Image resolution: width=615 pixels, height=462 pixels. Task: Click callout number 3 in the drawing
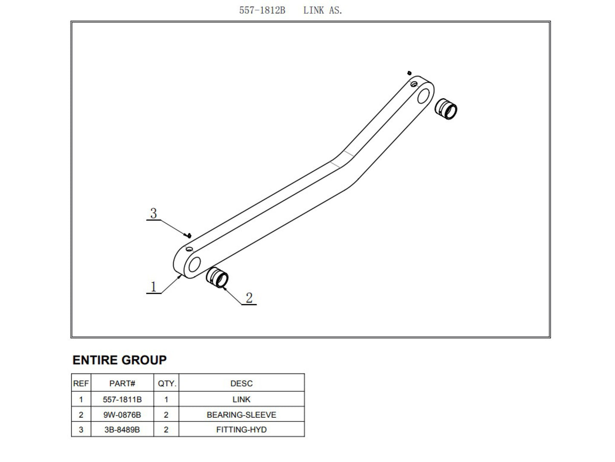(154, 213)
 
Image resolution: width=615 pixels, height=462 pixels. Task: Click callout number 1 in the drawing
(154, 286)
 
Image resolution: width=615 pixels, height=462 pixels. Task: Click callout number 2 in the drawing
(249, 297)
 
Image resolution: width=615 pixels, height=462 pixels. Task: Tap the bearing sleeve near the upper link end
(446, 109)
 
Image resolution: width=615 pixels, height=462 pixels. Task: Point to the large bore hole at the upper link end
(423, 95)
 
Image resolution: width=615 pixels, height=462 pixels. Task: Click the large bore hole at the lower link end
(195, 264)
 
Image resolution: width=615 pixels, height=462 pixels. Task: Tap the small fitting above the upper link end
(409, 73)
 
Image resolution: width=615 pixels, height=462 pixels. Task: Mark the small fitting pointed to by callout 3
(189, 235)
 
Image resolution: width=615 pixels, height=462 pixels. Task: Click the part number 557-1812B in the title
(262, 10)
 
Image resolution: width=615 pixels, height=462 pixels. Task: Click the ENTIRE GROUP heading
(120, 360)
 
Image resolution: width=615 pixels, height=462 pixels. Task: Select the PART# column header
(122, 383)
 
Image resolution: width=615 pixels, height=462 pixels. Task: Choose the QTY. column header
(166, 383)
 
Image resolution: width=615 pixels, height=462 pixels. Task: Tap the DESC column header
(241, 383)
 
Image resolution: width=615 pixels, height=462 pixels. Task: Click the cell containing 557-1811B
(122, 399)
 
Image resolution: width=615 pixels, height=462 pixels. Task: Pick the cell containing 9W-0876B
(122, 415)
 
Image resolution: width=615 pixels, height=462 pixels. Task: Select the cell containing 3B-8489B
(122, 430)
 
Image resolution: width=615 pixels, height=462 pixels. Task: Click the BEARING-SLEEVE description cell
(241, 415)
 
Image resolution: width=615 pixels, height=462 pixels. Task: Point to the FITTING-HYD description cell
(241, 430)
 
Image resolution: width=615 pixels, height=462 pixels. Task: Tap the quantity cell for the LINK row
(166, 399)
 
